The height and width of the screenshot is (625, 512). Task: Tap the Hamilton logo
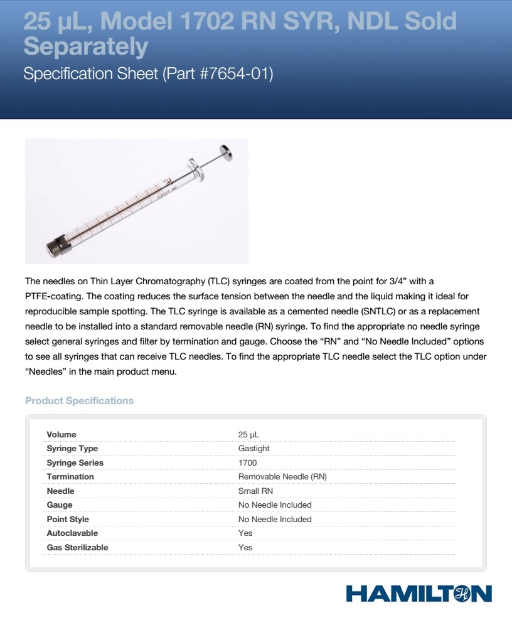click(x=418, y=594)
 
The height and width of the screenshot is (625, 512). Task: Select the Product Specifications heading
click(x=79, y=400)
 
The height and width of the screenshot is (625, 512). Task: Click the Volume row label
click(x=61, y=434)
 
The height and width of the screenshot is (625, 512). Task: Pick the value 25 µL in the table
click(x=248, y=434)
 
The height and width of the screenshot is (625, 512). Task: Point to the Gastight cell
click(x=254, y=449)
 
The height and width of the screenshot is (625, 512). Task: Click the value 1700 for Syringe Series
click(x=247, y=462)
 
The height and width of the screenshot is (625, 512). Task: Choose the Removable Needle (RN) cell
click(x=282, y=477)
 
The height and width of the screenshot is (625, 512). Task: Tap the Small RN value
click(x=255, y=491)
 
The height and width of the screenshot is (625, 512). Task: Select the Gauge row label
click(x=60, y=505)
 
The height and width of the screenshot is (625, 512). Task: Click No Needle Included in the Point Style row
click(x=275, y=519)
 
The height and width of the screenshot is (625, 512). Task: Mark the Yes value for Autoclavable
click(x=245, y=533)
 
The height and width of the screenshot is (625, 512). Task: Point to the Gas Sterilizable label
click(x=77, y=547)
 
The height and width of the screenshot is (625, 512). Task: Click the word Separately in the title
click(x=86, y=46)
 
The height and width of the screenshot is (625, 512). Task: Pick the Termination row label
click(x=70, y=477)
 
